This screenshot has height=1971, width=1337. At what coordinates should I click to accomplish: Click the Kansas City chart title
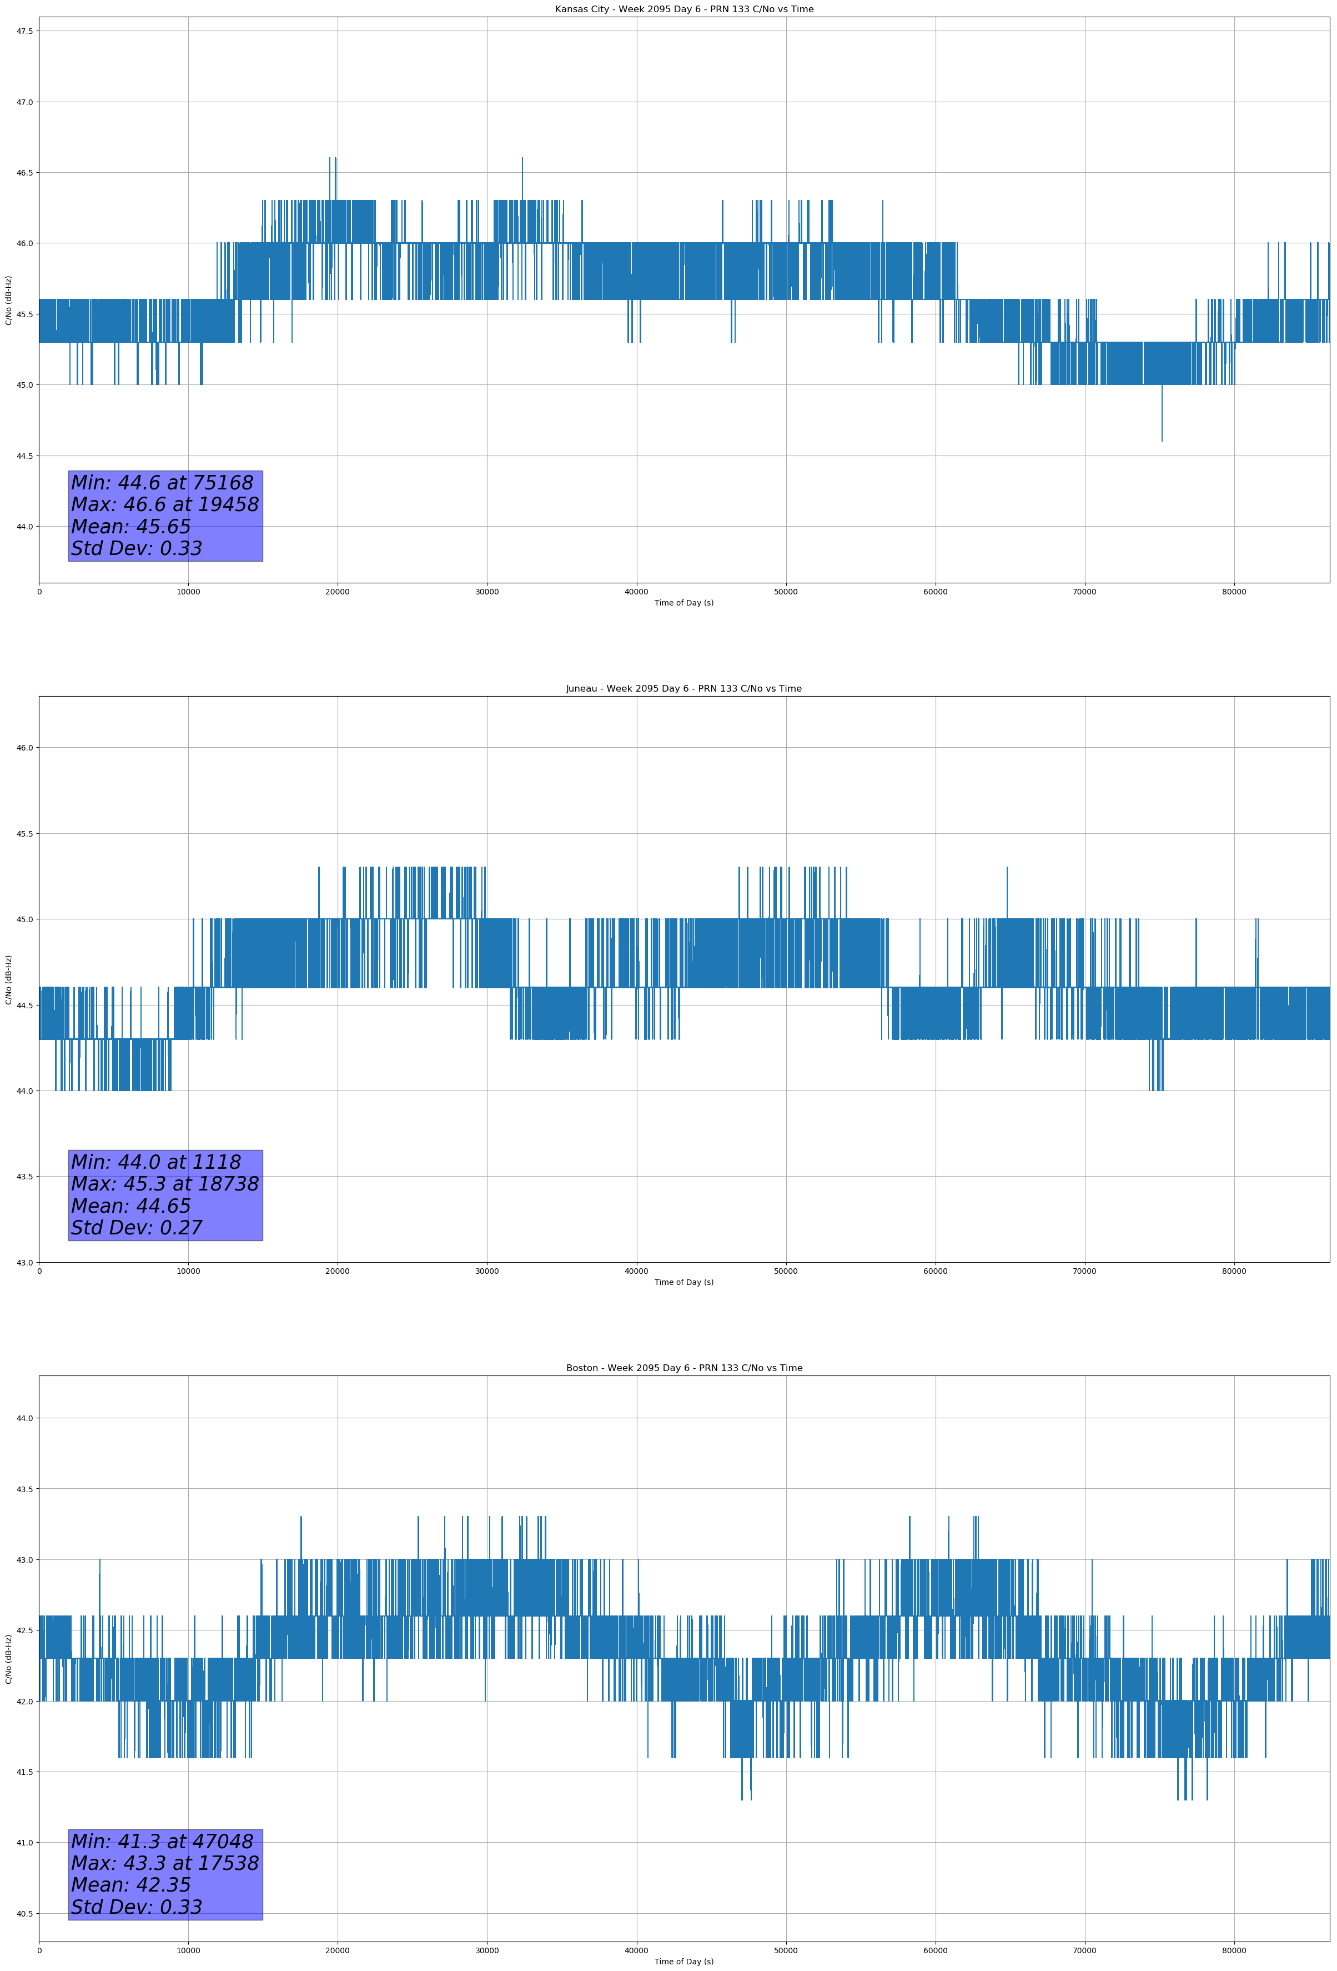[683, 9]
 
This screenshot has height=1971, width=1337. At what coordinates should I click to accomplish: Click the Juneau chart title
[683, 689]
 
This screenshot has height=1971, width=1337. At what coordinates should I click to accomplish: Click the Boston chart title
[683, 1368]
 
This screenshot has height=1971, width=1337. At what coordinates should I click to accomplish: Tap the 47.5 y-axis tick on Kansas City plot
[24, 31]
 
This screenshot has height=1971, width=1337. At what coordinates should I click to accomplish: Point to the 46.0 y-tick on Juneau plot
[24, 748]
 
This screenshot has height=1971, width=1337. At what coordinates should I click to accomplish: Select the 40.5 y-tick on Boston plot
[24, 1913]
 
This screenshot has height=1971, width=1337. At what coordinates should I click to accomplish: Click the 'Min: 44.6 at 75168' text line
[162, 483]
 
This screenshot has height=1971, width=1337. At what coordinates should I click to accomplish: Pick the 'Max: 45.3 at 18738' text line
[164, 1184]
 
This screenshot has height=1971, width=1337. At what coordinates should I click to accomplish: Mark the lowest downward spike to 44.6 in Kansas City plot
[1162, 439]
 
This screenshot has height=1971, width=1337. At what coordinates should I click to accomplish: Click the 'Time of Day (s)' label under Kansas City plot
[683, 603]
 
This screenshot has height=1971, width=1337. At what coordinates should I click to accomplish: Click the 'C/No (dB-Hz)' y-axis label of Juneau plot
[8, 979]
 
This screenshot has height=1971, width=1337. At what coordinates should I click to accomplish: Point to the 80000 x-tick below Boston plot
[1234, 1950]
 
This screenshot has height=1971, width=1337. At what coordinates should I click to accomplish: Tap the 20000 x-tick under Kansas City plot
[338, 592]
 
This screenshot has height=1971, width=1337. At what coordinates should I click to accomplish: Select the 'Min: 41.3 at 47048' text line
[162, 1841]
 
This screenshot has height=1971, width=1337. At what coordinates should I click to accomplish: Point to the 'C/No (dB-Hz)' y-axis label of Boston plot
[8, 1659]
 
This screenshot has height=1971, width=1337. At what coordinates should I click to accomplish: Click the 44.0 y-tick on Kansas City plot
[24, 527]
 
